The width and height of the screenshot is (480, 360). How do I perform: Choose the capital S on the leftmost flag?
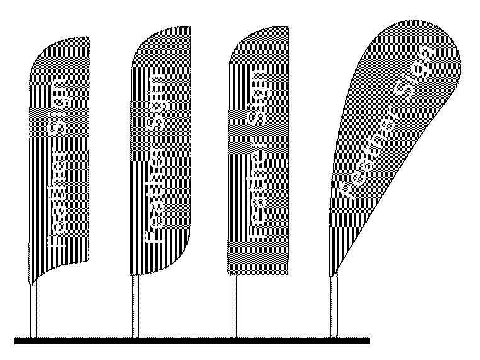pos(60,134)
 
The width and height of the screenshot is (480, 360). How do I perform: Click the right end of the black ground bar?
pos(368,341)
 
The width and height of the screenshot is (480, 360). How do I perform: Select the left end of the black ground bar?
pos(17,341)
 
